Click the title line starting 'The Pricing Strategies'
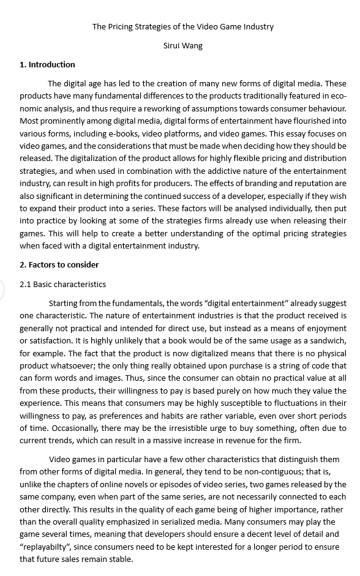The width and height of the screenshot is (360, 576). point(182,26)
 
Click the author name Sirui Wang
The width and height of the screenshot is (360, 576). point(182,45)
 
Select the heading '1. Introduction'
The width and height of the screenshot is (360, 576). point(47,64)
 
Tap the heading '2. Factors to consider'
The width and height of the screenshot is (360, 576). point(59,264)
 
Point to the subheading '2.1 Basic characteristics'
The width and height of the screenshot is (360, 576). point(62,284)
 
